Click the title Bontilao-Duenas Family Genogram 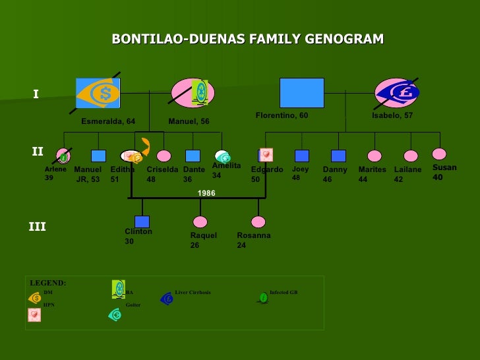coord(247,40)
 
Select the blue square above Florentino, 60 coord(301,93)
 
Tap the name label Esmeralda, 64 coord(108,121)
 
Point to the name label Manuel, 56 coord(189,121)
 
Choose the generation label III coord(37,227)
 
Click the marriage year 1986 coord(206,193)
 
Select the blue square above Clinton coord(142,222)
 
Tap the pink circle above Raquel coord(200,222)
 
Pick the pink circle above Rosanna coord(258,222)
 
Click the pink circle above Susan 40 coord(440,154)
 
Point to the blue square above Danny coord(338,156)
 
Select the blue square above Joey coord(302,156)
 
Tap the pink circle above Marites coord(375,156)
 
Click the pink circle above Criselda coord(164,156)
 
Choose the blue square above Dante coord(193,156)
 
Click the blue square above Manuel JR coord(98,156)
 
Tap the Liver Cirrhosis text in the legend coord(193,292)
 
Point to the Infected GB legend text coord(284,292)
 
